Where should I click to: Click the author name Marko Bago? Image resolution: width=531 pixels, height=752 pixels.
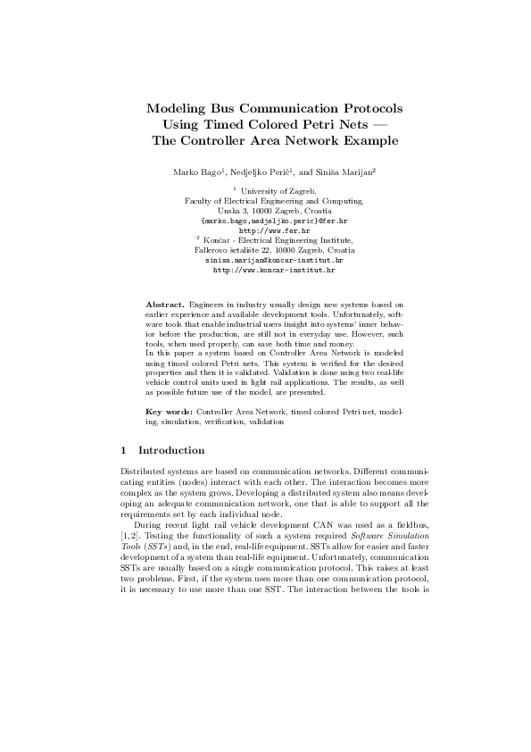(x=192, y=170)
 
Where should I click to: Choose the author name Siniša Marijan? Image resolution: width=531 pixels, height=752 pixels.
(x=345, y=170)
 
